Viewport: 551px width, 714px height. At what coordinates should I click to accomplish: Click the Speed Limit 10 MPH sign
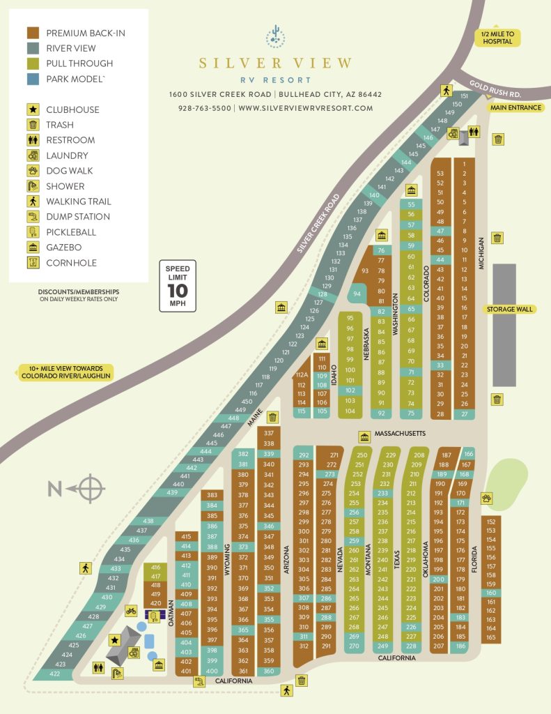[x=178, y=286]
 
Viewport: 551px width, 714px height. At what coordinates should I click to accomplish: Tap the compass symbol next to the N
[x=91, y=488]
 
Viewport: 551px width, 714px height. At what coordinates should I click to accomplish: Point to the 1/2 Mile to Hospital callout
[x=497, y=37]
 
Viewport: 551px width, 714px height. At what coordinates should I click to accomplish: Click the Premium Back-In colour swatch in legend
[x=33, y=33]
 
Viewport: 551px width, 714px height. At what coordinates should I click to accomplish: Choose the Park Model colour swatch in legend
[x=33, y=79]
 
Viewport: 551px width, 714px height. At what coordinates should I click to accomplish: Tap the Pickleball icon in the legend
[x=33, y=232]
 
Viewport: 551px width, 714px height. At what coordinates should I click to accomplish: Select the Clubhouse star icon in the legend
[x=33, y=109]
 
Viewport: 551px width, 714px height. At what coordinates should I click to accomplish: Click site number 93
[x=364, y=271]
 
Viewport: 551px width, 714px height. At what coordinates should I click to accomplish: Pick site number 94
[x=357, y=294]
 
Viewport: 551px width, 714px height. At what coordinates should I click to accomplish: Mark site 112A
[x=302, y=374]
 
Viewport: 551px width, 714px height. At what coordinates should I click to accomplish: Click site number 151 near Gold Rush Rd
[x=465, y=96]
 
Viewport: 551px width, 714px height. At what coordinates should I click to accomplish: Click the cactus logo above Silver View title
[x=275, y=36]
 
